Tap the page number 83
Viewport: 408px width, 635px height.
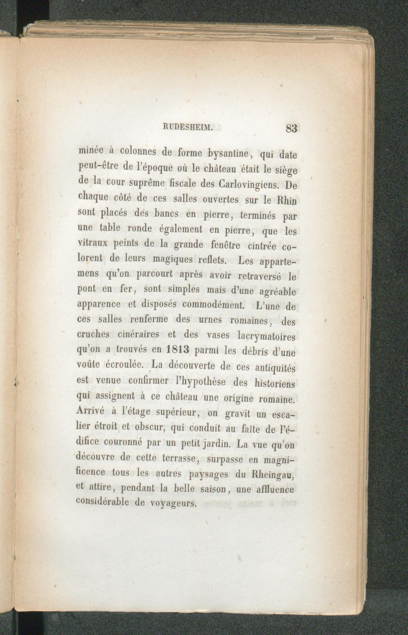click(292, 129)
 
